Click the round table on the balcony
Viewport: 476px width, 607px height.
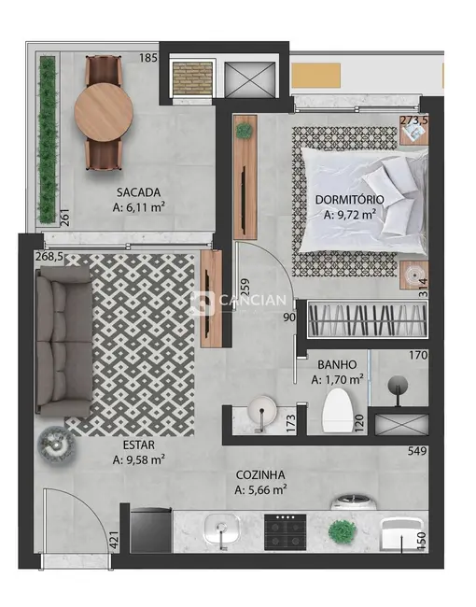tap(102, 111)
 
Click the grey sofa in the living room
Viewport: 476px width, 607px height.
tap(63, 338)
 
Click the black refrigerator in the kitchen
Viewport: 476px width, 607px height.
tap(150, 530)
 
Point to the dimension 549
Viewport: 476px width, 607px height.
tap(416, 452)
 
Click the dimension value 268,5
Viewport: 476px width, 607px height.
tap(49, 256)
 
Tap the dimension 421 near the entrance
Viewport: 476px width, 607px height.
tap(113, 539)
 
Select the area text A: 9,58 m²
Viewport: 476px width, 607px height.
tap(138, 459)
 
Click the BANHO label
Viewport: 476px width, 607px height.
tap(334, 365)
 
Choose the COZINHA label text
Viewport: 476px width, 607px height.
tap(260, 473)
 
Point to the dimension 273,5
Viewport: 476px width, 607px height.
tap(413, 120)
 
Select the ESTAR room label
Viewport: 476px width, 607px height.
tap(137, 445)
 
